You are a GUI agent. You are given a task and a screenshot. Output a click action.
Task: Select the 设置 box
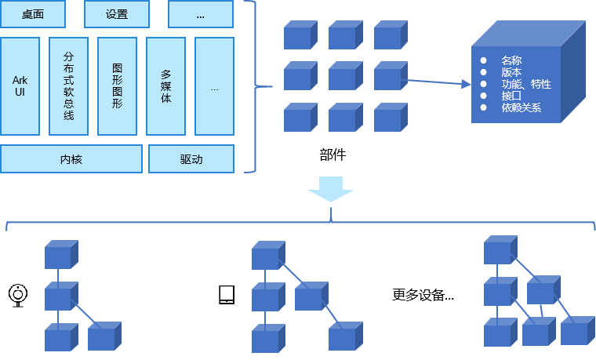pyautogui.click(x=116, y=13)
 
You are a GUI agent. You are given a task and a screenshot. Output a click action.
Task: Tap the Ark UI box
pyautogui.click(x=20, y=86)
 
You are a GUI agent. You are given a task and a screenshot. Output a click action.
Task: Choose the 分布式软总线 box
pyautogui.click(x=68, y=86)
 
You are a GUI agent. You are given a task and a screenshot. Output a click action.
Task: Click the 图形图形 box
pyautogui.click(x=117, y=86)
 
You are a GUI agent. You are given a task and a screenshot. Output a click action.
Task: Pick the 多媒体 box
pyautogui.click(x=165, y=86)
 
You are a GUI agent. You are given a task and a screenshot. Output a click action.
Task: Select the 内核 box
pyautogui.click(x=71, y=159)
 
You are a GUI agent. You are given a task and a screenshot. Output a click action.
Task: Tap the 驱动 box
pyautogui.click(x=191, y=159)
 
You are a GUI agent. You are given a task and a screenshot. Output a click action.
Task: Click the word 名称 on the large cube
pyautogui.click(x=511, y=60)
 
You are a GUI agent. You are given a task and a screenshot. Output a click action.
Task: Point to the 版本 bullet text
pyautogui.click(x=511, y=72)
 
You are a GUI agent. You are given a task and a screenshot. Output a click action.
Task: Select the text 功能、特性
pyautogui.click(x=526, y=84)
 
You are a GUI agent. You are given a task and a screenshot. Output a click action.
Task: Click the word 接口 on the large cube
pyautogui.click(x=511, y=96)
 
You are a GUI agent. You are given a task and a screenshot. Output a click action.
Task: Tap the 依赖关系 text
pyautogui.click(x=521, y=107)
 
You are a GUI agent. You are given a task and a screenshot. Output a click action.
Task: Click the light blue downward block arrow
pyautogui.click(x=330, y=189)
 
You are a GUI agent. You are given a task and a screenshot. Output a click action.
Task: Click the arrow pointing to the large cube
pyautogui.click(x=439, y=82)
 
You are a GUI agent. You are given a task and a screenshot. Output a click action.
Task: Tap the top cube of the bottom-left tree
pyautogui.click(x=60, y=256)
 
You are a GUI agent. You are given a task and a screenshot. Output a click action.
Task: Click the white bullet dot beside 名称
pyautogui.click(x=483, y=60)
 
